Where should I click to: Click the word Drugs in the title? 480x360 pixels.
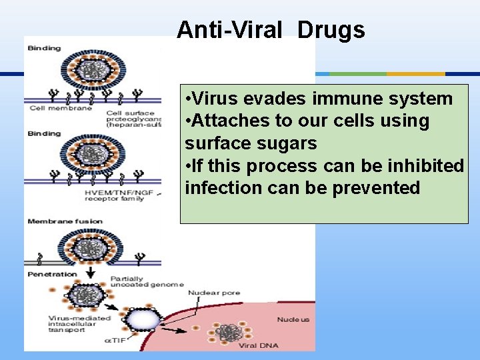[x=331, y=30]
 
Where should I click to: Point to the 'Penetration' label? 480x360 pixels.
[x=52, y=274]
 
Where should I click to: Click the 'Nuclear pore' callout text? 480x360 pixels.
[x=214, y=293]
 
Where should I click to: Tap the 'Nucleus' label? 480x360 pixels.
[x=293, y=319]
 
